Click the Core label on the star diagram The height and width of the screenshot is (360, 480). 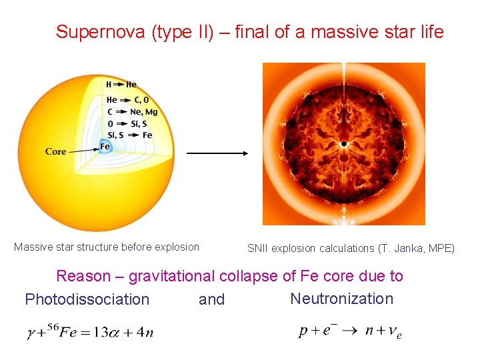point(56,151)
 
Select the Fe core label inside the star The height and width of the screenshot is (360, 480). point(105,147)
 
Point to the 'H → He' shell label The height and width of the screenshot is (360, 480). point(121,85)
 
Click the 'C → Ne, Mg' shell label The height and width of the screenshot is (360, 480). point(131,112)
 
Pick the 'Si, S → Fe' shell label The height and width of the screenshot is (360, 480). point(129,135)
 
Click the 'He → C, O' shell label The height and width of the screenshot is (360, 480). point(127,100)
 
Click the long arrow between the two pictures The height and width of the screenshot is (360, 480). point(217,153)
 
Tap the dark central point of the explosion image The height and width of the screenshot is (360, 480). point(344,144)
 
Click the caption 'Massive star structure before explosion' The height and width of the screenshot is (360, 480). point(107,247)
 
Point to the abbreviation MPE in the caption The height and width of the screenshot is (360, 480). point(440,248)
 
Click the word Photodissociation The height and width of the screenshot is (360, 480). point(87,299)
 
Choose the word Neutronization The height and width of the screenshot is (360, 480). point(342,298)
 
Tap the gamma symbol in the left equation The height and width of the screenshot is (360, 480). point(31,333)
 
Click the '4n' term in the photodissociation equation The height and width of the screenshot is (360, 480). point(146,333)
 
